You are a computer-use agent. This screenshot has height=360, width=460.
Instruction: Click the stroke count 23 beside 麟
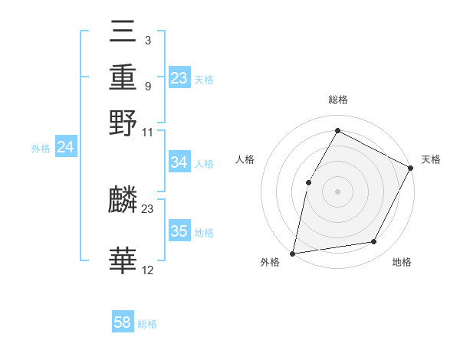pos(148,209)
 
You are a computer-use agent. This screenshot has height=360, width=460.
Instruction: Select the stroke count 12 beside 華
pos(148,270)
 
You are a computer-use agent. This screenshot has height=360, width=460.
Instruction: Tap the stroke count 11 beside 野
pos(148,133)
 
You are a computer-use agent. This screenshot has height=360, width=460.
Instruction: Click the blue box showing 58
pos(123,322)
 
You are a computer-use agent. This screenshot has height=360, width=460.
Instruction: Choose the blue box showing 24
pos(66,147)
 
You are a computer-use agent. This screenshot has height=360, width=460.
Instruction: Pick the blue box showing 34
pos(179,162)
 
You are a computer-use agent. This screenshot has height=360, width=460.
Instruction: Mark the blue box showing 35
pos(179,231)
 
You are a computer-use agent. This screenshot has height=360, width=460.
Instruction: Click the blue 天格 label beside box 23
pos(204,79)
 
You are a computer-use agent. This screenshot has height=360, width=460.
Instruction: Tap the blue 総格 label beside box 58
pos(147,324)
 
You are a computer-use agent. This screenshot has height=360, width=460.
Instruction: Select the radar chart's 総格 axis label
pos(337,100)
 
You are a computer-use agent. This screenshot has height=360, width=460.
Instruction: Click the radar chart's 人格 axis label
pos(245,159)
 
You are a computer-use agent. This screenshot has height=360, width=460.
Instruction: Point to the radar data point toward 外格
pos(293,253)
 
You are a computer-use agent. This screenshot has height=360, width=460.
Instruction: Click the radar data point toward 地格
pos(374,242)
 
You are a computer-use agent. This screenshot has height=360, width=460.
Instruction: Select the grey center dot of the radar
pos(337,191)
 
